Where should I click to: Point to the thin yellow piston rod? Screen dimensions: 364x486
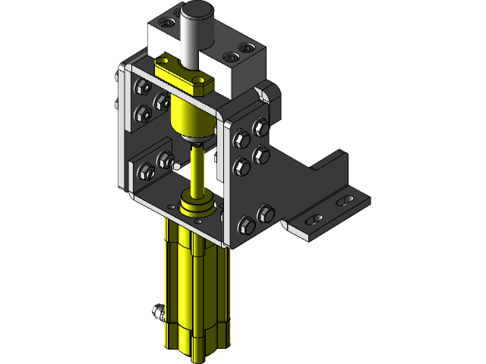pos(198,171)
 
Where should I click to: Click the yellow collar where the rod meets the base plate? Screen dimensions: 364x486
pos(197,203)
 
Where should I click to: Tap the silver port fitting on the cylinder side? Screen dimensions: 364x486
pos(158,312)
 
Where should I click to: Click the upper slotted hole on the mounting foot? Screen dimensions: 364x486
pos(343,199)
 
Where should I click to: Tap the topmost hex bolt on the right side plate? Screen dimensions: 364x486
pos(261,124)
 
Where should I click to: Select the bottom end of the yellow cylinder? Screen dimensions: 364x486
pos(196,345)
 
